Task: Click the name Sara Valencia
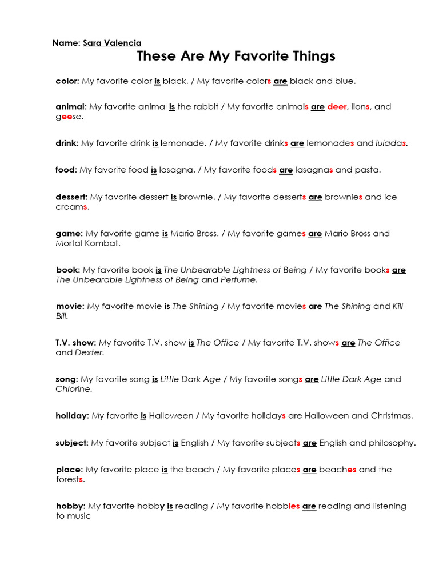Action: point(112,43)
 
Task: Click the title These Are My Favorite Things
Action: point(236,56)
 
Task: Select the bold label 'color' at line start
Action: point(67,81)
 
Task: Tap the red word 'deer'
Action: point(337,107)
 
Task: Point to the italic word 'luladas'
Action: point(390,143)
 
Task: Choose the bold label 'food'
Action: point(65,170)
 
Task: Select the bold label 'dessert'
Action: point(71,197)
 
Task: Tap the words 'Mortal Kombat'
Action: point(87,243)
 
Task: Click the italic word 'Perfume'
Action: point(238,280)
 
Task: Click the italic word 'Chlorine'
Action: point(73,389)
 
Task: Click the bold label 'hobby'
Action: point(70,506)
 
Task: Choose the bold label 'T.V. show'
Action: point(75,343)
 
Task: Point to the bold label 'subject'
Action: point(71,443)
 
